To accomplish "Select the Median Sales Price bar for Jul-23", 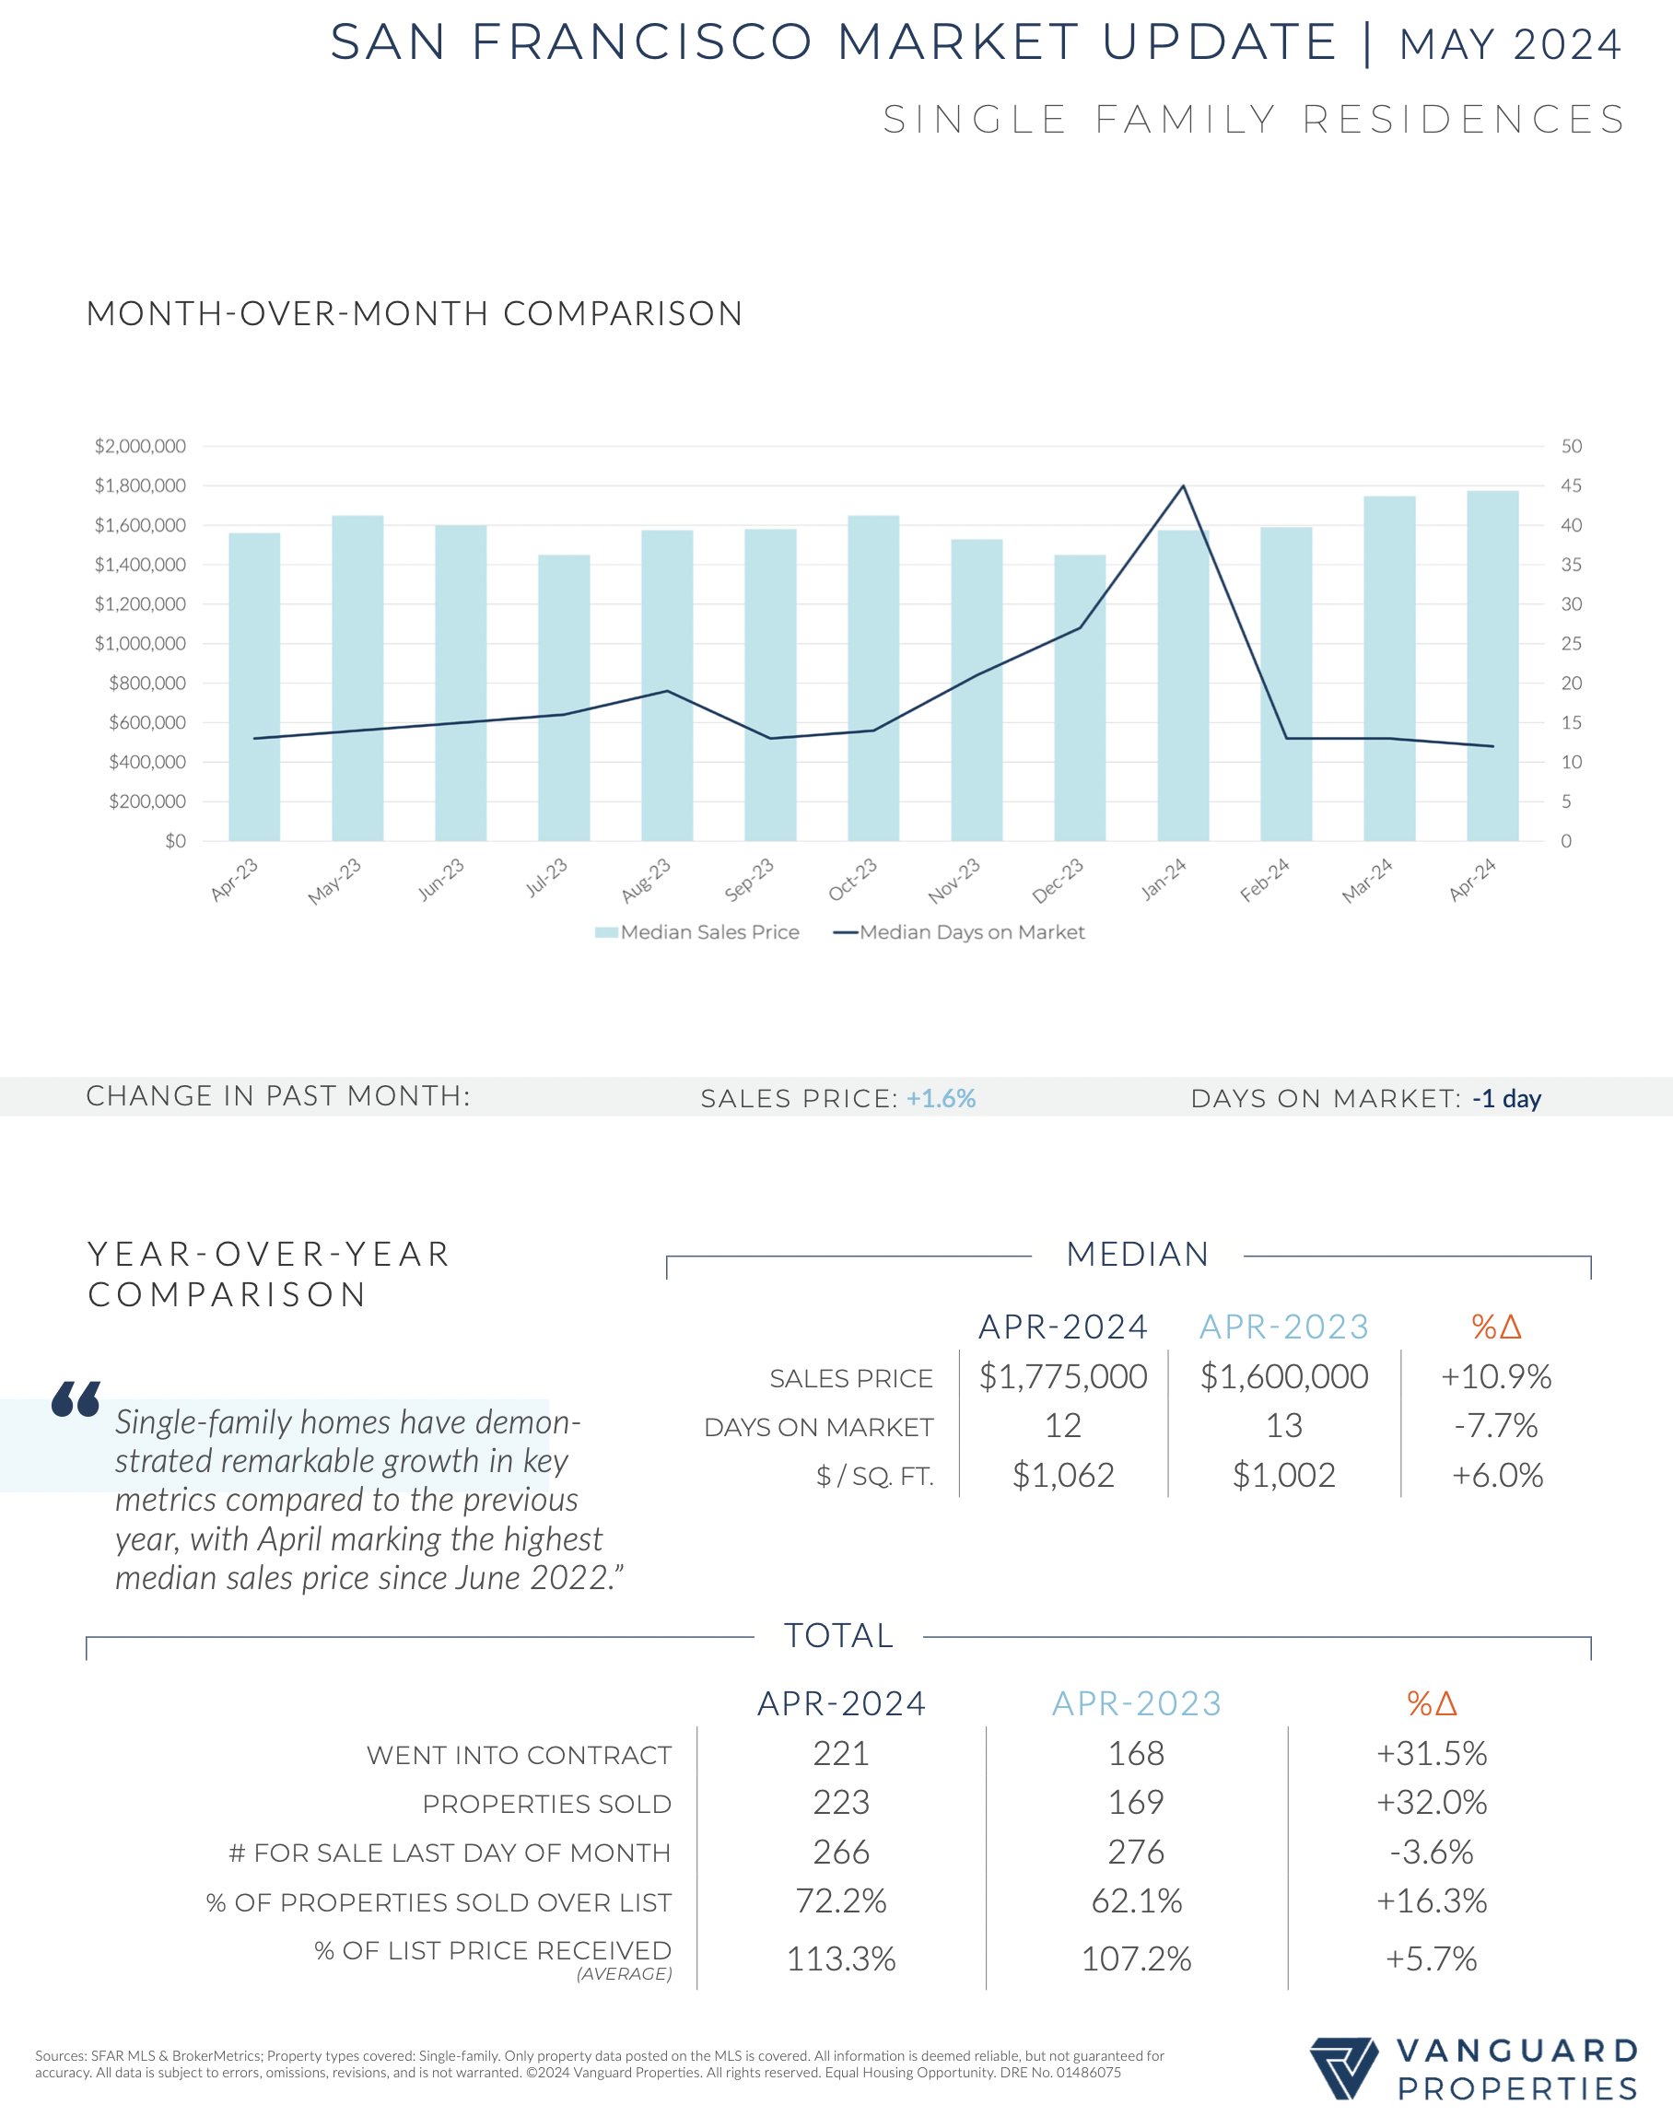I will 563,697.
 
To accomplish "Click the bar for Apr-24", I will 1492,666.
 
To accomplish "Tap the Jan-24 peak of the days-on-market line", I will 1183,485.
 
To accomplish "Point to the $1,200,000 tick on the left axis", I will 140,604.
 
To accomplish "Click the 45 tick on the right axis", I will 1571,485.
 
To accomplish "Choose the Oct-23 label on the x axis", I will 852,880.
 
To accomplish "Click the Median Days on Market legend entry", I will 959,932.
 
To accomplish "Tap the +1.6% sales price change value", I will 941,1099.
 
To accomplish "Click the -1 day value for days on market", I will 1506,1099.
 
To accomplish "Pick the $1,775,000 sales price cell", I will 1063,1377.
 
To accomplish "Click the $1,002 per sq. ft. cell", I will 1283,1475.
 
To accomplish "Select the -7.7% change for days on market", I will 1496,1426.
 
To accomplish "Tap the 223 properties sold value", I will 841,1802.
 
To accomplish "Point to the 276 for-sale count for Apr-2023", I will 1136,1852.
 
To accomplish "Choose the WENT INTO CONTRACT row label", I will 520,1755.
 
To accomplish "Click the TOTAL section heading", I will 838,1635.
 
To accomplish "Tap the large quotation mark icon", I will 76,1399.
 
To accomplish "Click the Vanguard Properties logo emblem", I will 1343,2069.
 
